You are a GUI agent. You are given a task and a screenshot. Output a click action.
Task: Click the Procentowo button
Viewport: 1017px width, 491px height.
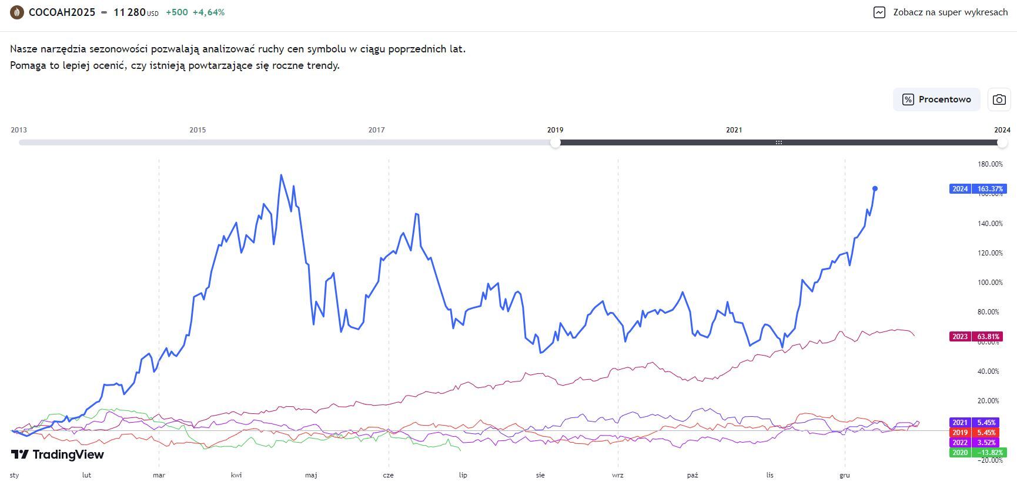(x=936, y=99)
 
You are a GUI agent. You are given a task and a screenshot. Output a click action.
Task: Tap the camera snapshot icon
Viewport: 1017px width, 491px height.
(x=999, y=99)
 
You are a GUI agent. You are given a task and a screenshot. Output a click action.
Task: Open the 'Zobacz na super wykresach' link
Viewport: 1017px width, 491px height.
(x=941, y=12)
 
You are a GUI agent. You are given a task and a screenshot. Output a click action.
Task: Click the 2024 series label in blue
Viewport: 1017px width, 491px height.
(x=978, y=189)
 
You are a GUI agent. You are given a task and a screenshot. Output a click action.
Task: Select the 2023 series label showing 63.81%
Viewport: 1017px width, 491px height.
(x=978, y=337)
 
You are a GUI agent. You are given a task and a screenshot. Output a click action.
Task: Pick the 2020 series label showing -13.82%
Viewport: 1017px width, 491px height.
(x=978, y=453)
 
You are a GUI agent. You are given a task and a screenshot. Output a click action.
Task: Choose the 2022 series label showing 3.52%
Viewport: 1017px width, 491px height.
(x=978, y=443)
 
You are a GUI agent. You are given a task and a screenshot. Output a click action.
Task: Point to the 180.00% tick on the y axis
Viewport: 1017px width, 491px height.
(x=990, y=164)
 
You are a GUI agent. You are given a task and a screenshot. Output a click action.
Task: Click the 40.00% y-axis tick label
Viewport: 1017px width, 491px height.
(x=990, y=371)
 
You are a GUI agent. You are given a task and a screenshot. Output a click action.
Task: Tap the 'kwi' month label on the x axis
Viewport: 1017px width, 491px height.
(x=236, y=475)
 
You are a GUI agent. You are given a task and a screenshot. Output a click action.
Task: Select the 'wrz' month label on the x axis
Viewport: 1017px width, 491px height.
(x=617, y=475)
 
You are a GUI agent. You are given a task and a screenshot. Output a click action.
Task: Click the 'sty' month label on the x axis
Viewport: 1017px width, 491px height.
(x=15, y=475)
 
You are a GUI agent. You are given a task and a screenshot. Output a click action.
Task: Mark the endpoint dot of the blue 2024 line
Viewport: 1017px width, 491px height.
(x=875, y=188)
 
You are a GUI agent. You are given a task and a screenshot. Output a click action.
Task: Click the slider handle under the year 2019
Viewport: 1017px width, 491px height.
(x=556, y=142)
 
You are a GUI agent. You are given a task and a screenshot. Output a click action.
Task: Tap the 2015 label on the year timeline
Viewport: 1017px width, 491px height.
(x=198, y=130)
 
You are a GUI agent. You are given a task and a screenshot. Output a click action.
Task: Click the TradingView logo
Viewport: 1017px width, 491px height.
(x=58, y=454)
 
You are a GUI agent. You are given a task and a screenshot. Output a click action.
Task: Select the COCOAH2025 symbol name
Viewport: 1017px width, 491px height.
(x=62, y=12)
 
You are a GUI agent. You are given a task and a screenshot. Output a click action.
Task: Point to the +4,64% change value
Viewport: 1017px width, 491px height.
(x=209, y=12)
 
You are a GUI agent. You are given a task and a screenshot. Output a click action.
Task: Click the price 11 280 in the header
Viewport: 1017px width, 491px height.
(x=129, y=12)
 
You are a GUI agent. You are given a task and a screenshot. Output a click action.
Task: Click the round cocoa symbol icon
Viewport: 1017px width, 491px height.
(x=17, y=12)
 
